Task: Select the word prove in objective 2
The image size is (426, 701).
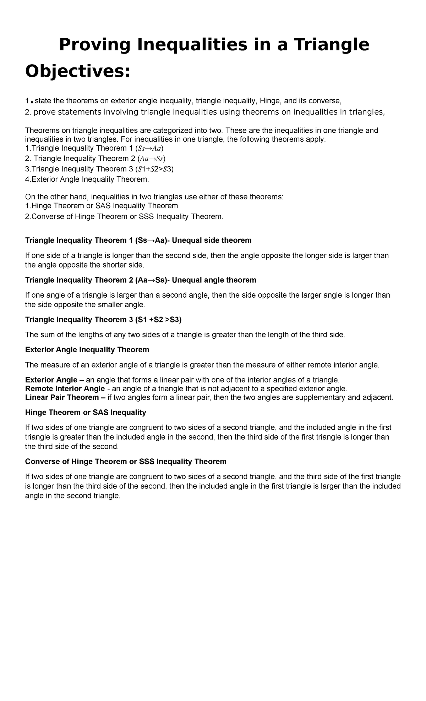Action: [x=43, y=112]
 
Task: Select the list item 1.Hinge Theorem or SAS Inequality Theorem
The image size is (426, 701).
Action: [x=102, y=206]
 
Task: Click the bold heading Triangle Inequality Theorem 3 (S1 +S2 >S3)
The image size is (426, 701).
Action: [x=103, y=320]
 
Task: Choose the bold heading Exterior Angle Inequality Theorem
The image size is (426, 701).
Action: [x=87, y=350]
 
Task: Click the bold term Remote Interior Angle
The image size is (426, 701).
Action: [x=65, y=388]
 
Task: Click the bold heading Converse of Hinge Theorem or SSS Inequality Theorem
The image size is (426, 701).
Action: [x=126, y=462]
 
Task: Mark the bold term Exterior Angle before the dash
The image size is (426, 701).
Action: [x=51, y=380]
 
